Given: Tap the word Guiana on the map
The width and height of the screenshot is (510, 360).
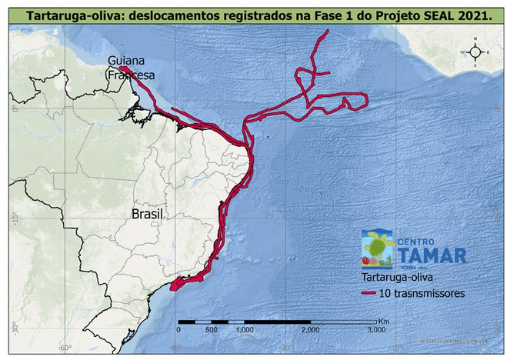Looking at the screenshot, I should point(125,61).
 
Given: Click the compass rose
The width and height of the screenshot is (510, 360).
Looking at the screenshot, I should point(475,52).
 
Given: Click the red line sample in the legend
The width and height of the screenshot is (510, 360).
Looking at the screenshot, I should point(375,293).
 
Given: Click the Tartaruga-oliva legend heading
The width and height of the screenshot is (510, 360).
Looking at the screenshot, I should point(398,276).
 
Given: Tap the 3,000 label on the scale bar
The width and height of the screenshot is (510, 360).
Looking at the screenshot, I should point(376,329).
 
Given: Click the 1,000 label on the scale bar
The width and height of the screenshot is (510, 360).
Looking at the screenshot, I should point(244,329).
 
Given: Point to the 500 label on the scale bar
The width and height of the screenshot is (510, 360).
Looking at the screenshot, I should point(210,329).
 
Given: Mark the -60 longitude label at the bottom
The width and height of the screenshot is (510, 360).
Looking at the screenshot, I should point(66,347).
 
